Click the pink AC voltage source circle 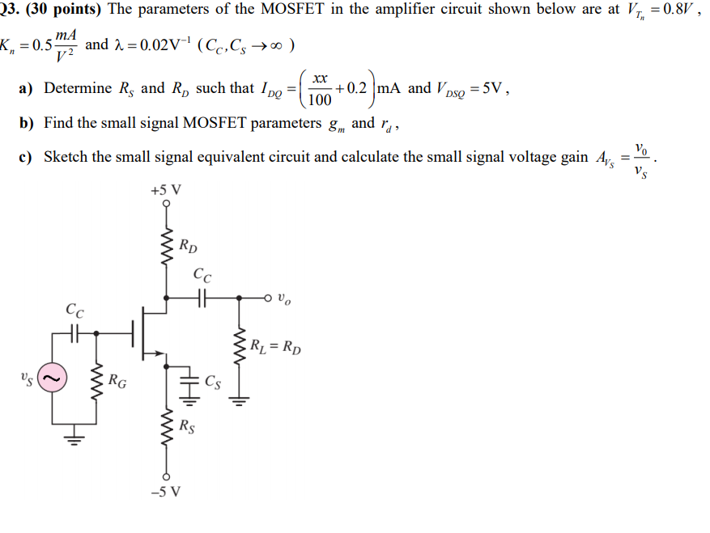54,378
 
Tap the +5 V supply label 166,191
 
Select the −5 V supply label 166,491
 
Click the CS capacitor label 212,381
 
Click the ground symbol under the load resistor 239,399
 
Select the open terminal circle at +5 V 166,205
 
